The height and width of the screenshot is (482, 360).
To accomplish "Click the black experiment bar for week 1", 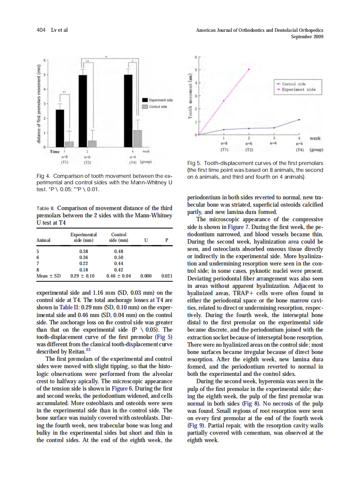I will coord(60,128).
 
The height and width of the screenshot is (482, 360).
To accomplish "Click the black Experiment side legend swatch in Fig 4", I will coord(145,100).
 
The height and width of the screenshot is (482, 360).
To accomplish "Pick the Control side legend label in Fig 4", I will coord(158,107).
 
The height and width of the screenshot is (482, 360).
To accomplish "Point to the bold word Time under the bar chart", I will coord(55,152).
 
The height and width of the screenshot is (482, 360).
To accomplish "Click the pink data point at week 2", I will coord(249,69).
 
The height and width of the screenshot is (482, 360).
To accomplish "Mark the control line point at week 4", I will coord(299,119).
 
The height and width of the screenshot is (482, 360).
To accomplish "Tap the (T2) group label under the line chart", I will coord(249,151).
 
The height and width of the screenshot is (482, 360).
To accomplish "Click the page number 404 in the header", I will coord(41,30).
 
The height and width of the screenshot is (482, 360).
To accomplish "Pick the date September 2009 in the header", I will coord(307,37).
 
